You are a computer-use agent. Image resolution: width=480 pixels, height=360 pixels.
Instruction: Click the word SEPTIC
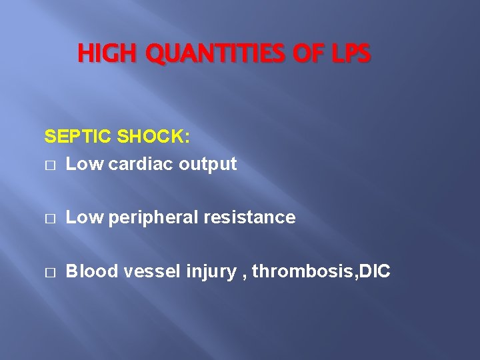click(78, 137)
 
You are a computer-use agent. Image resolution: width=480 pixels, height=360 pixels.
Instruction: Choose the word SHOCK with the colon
click(153, 137)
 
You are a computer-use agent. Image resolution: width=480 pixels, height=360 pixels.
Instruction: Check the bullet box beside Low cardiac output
click(49, 165)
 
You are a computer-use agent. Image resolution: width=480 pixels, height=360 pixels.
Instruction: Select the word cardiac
click(137, 164)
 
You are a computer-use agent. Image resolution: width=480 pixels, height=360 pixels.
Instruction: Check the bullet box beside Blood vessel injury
click(49, 273)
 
